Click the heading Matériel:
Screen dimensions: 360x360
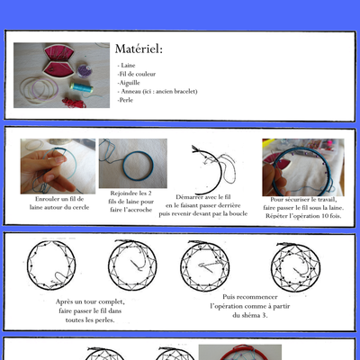[139, 49]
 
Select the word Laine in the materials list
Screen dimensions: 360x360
[128, 66]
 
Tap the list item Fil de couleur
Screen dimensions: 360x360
[137, 74]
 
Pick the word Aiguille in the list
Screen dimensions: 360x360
[129, 83]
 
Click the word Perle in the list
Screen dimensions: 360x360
[125, 100]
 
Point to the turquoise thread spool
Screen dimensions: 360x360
[81, 87]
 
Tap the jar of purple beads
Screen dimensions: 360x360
[85, 71]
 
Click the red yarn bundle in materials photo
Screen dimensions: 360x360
[74, 103]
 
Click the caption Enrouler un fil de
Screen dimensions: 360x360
[59, 199]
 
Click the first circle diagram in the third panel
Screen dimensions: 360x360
[51, 265]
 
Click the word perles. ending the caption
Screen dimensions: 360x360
[106, 320]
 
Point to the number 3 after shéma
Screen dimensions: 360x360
[265, 315]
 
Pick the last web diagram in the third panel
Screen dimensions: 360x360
[295, 267]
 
